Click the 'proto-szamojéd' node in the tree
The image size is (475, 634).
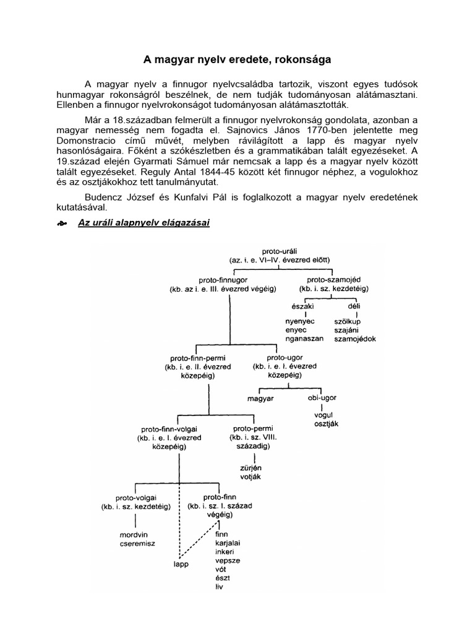333,280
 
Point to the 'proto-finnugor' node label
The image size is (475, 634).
223,280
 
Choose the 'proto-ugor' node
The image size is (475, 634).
285,358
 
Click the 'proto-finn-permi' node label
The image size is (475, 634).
197,358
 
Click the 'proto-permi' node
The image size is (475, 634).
253,428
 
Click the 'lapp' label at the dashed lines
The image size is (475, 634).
181,564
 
